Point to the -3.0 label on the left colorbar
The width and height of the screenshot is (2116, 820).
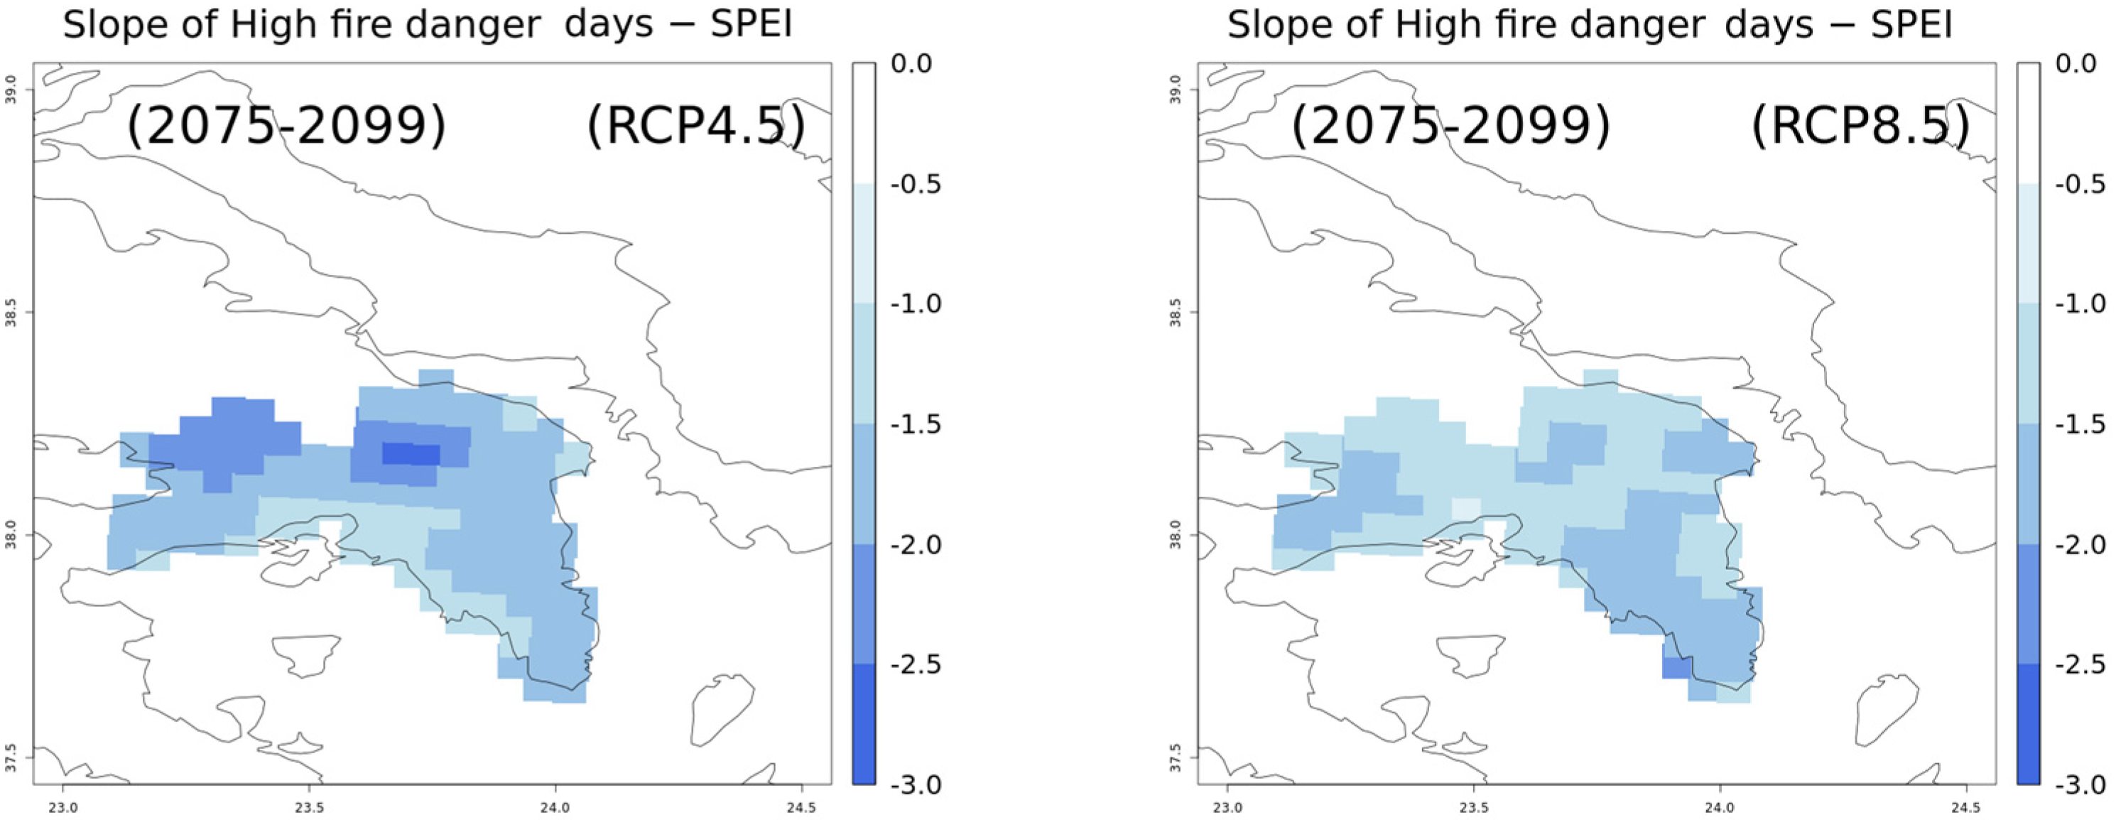(915, 784)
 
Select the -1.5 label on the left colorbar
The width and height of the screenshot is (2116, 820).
(915, 424)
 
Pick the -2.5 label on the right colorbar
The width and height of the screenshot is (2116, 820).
(2080, 664)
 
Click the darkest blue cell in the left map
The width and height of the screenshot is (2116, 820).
(411, 453)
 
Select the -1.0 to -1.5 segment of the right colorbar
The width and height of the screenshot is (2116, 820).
(2028, 364)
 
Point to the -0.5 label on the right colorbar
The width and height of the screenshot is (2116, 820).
(2080, 183)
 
